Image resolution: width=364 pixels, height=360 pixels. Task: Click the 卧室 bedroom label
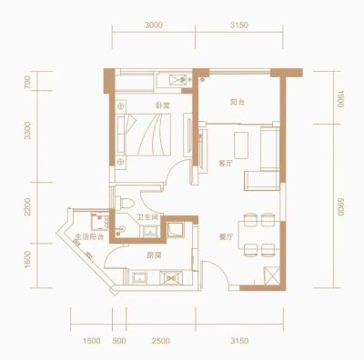(163, 105)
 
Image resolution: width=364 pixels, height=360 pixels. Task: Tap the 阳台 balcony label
(238, 102)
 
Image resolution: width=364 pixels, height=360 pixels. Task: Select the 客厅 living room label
(226, 164)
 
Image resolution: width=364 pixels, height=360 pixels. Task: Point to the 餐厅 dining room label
(226, 237)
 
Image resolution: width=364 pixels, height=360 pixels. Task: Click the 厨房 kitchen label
(154, 255)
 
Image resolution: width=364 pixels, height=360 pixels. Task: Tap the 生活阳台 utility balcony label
(89, 236)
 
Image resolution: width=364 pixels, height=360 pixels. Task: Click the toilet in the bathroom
(125, 203)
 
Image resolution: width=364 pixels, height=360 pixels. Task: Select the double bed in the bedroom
(144, 135)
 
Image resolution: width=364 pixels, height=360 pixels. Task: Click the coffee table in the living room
(241, 145)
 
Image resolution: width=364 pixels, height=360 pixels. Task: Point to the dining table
(259, 235)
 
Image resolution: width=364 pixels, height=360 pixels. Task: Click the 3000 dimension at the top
(154, 25)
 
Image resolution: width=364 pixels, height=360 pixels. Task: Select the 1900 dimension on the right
(339, 99)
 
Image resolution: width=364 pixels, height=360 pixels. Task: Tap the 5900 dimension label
(339, 207)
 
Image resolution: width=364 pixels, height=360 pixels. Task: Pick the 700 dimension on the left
(27, 82)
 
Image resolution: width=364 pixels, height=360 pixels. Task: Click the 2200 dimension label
(27, 206)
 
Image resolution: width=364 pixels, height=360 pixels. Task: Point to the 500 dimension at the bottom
(119, 341)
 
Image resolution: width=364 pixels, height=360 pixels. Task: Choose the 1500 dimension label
(91, 341)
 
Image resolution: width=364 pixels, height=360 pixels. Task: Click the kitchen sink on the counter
(139, 278)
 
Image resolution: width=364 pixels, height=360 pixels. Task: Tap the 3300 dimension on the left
(27, 130)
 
